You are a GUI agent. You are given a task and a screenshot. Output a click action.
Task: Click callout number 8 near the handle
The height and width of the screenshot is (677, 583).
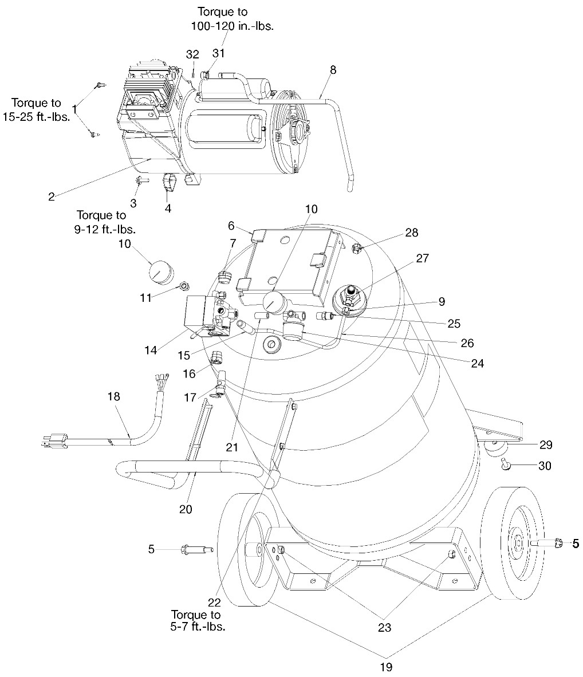(333, 70)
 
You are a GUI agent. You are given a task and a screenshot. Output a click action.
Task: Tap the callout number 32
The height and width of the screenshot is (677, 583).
(192, 54)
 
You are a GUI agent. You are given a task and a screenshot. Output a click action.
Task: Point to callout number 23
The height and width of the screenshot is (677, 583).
(384, 628)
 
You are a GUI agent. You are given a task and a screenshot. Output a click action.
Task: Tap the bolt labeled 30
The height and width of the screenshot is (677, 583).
(505, 464)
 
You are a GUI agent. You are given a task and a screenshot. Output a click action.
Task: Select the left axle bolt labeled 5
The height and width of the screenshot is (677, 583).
(194, 550)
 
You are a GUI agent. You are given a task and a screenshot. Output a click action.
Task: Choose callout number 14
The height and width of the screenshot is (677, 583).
(151, 351)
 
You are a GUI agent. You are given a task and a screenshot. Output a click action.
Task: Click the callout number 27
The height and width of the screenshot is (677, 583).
(422, 258)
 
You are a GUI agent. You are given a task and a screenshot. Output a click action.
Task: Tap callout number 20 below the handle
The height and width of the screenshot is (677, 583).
(185, 509)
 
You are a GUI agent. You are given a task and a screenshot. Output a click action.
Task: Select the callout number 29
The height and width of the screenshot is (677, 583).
(546, 444)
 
